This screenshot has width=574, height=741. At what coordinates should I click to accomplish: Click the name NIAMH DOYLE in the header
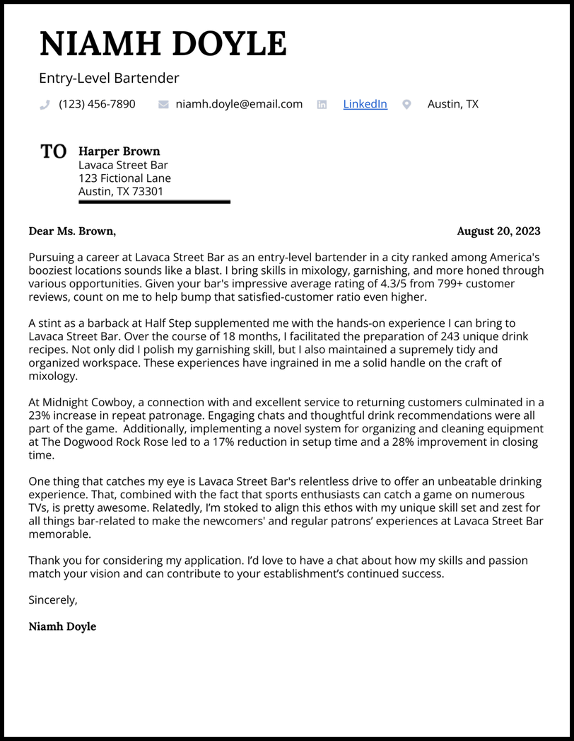point(163,44)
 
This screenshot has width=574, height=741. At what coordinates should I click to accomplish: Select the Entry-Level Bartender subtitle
point(109,79)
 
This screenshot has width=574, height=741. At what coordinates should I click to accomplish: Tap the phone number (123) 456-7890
point(97,104)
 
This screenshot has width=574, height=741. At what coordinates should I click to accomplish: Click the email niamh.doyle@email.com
point(239,104)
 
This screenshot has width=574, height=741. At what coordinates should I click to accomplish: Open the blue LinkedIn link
point(365,104)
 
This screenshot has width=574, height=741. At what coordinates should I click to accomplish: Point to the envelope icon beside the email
point(163,105)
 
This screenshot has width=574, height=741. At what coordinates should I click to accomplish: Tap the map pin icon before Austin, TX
point(406,105)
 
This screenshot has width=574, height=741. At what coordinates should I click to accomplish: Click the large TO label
point(54,151)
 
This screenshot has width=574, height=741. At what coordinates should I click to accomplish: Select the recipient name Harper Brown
point(119,151)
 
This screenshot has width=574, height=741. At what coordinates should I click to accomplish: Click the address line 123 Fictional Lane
point(124,178)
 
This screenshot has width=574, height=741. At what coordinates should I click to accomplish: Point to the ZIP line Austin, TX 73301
point(121,192)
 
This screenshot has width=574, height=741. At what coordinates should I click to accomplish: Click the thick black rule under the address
point(154,202)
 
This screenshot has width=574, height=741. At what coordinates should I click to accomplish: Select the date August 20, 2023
point(498,231)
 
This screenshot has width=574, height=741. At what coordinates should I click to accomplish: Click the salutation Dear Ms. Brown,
point(72,231)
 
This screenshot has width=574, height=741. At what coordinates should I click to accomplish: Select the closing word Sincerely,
point(53,600)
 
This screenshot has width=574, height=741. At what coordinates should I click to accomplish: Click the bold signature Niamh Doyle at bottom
point(62,626)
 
